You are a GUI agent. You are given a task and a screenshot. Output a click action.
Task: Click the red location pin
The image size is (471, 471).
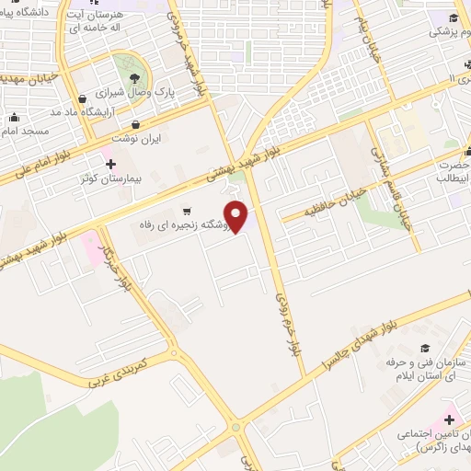click(237, 216)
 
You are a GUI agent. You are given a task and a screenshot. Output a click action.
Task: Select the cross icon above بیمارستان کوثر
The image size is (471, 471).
click(111, 165)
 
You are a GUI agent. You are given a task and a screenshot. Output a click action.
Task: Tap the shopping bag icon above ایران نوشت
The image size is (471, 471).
click(136, 124)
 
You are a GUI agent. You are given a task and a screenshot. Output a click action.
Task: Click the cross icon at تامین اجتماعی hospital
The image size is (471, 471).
click(449, 419)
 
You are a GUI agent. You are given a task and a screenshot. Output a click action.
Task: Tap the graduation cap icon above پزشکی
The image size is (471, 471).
click(454, 17)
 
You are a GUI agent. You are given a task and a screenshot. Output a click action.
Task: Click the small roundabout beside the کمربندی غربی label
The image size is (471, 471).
click(172, 352)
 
